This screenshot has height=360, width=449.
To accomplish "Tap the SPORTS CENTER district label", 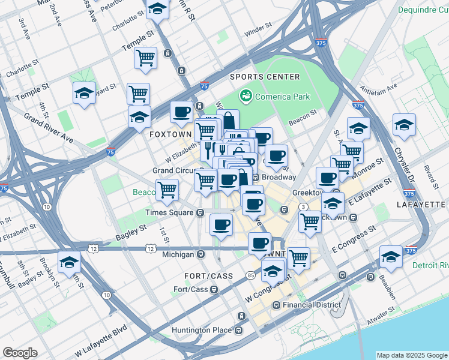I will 265,77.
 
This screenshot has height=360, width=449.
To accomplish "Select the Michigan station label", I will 178,254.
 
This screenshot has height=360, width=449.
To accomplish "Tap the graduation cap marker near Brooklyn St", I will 70,262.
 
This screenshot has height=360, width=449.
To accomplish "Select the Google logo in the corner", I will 20,353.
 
